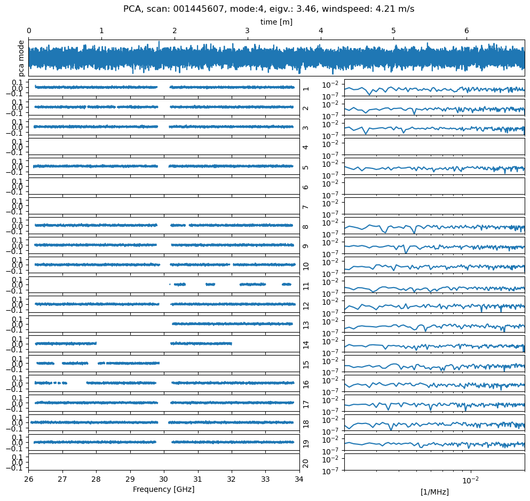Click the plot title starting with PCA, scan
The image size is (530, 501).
(x=268, y=9)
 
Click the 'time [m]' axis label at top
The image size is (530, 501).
(x=276, y=22)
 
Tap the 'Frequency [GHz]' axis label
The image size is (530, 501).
(x=163, y=489)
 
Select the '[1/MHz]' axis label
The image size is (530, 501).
(x=434, y=492)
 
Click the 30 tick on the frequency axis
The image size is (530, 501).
(x=164, y=479)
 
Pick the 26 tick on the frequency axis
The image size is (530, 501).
(x=29, y=479)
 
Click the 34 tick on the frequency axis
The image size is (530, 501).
(x=299, y=479)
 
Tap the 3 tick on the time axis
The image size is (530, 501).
(x=247, y=31)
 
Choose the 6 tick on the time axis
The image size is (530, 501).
(x=466, y=31)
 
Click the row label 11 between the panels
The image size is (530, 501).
(x=306, y=286)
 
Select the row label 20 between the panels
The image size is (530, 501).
(x=306, y=463)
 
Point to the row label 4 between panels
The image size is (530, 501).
(x=306, y=147)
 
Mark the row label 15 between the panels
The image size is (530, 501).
(x=306, y=365)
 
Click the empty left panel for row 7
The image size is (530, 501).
(x=164, y=206)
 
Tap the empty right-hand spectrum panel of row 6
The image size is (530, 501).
(x=434, y=186)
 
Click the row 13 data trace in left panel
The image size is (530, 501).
(x=232, y=323)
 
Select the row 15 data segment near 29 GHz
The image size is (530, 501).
(x=133, y=363)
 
